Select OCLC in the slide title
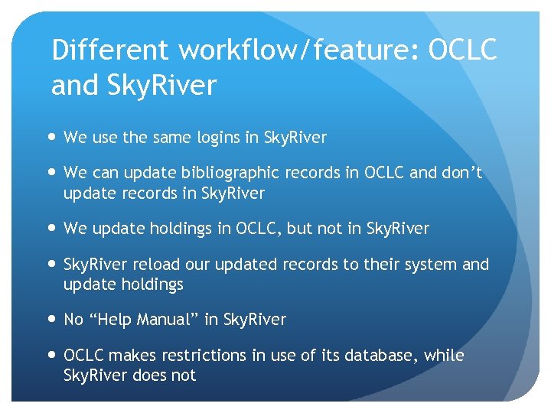(462, 50)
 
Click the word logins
(222, 138)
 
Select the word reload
(158, 265)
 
